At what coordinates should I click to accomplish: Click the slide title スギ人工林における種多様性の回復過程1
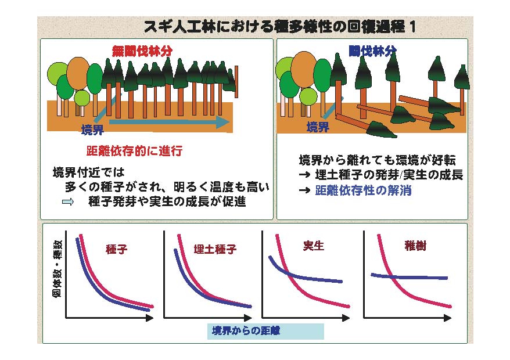pos(280,27)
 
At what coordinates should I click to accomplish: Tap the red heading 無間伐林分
pos(142,51)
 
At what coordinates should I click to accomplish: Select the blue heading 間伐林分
pos(372,51)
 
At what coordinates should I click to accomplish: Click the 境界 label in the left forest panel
pos(93,130)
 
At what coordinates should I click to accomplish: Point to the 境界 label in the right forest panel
pos(318,127)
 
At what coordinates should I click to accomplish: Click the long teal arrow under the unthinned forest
pos(170,123)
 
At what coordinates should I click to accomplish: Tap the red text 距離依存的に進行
pos(134,151)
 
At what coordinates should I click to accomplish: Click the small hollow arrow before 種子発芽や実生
pos(67,201)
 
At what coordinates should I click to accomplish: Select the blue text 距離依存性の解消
pos(363,190)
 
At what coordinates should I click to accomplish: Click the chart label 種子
pos(116,249)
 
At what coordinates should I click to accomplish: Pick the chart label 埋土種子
pos(215,249)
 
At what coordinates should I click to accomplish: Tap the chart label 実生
pos(314,246)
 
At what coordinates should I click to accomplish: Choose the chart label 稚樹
pos(415,246)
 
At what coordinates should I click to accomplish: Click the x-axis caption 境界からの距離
pos(246,331)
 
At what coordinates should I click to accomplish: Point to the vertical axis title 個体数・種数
pos(57,269)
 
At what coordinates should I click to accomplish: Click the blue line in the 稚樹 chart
pos(409,277)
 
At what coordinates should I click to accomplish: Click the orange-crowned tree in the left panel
pos(78,74)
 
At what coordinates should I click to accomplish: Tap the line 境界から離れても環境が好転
pos(378,160)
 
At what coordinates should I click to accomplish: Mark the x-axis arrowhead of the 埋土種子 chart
pos(248,318)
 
